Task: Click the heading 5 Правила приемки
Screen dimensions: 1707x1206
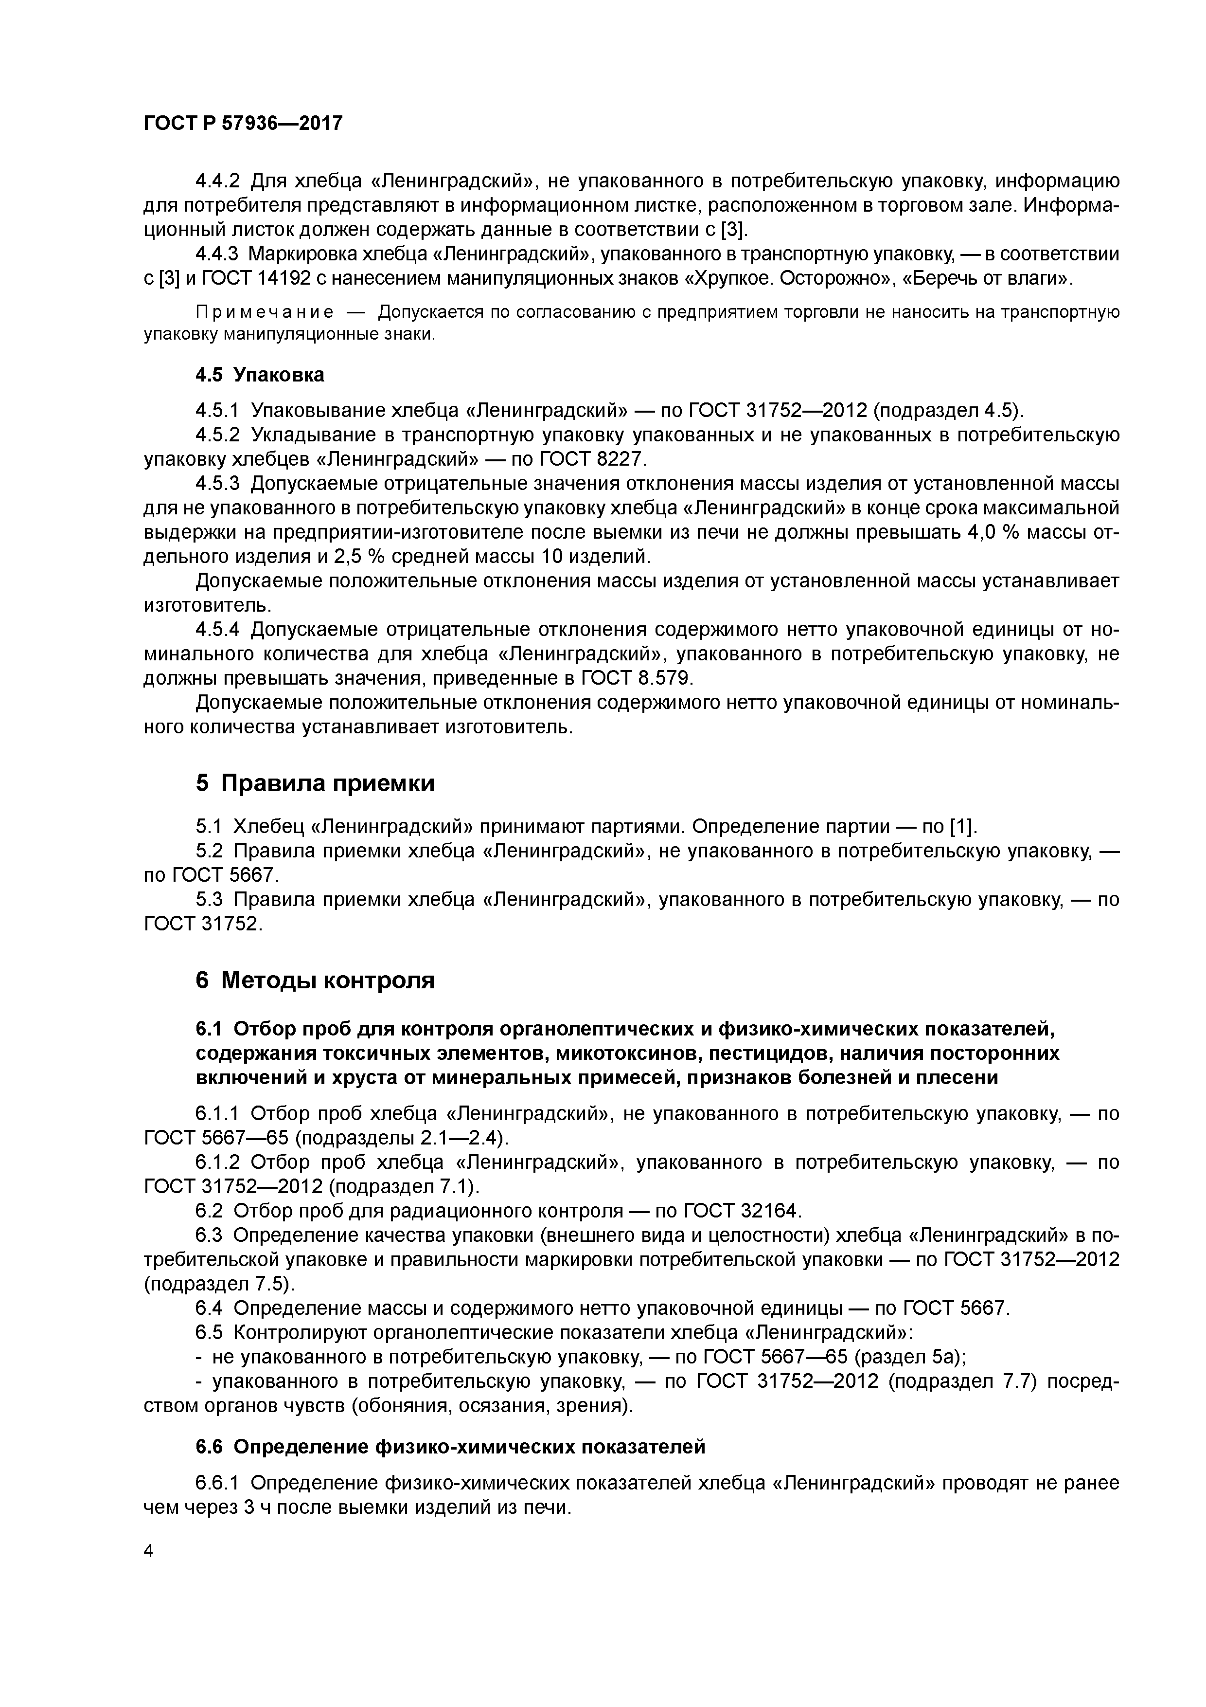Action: point(315,783)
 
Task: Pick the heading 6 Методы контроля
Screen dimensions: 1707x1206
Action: point(315,980)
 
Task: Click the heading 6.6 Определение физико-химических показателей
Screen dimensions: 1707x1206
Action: point(449,1447)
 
